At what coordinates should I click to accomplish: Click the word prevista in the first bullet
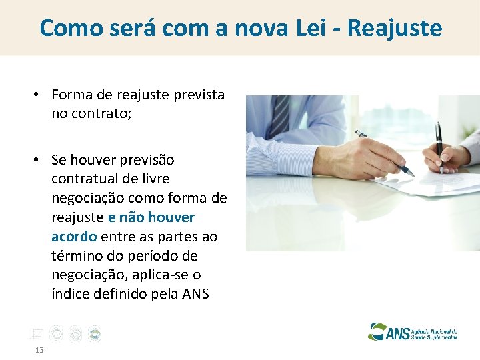[x=199, y=95]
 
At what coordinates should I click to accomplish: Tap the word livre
[x=154, y=179]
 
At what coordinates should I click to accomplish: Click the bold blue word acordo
[x=74, y=237]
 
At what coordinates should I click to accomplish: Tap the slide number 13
[x=40, y=350]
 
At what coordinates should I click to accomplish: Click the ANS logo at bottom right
[x=413, y=331]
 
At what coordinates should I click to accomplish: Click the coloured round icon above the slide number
[x=95, y=335]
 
